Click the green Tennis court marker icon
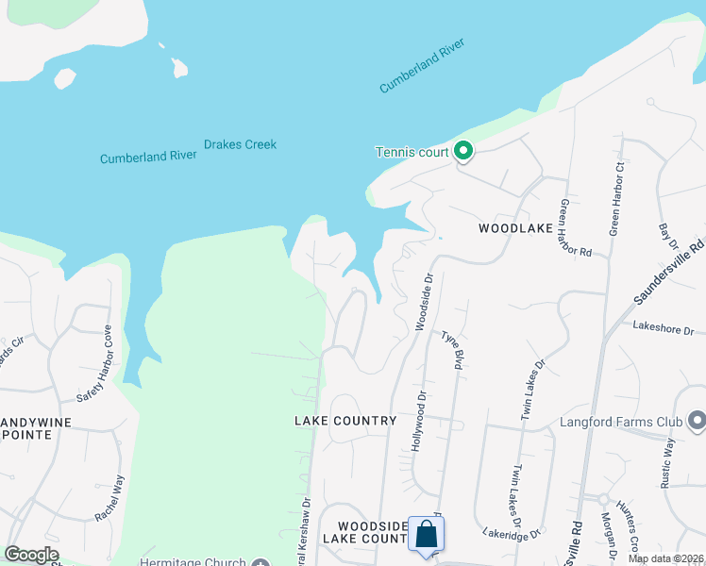pos(462,151)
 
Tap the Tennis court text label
pos(412,152)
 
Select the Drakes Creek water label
pos(241,145)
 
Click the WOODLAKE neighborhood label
pos(513,228)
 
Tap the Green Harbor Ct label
pos(617,199)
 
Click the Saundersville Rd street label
pos(669,270)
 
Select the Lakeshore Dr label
pos(663,329)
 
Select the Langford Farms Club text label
pos(620,422)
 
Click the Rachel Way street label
pos(109,498)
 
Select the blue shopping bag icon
pos(427,534)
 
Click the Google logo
pos(32,555)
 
